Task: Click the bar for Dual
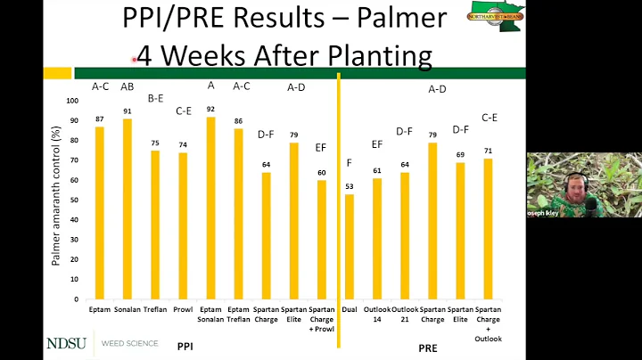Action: pyautogui.click(x=349, y=247)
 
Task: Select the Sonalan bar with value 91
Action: pyautogui.click(x=128, y=209)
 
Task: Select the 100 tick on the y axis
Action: pyautogui.click(x=73, y=100)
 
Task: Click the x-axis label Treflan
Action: pyautogui.click(x=155, y=310)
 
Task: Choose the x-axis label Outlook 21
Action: pyautogui.click(x=404, y=315)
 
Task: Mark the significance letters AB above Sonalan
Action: pyautogui.click(x=128, y=86)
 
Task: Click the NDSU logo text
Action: pyautogui.click(x=68, y=343)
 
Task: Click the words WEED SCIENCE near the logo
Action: pyautogui.click(x=130, y=343)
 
